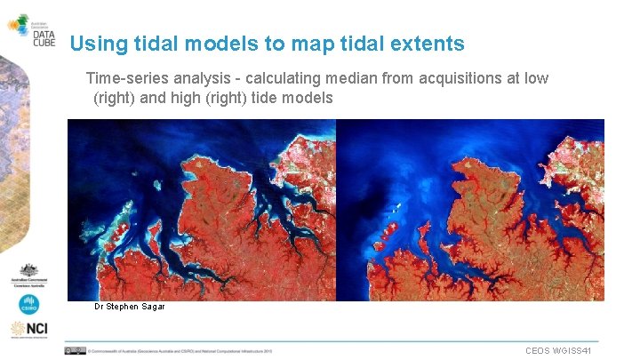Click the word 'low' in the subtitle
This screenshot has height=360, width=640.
pyautogui.click(x=536, y=78)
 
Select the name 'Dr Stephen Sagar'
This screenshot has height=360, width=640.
pyautogui.click(x=130, y=307)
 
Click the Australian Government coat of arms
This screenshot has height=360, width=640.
pyautogui.click(x=29, y=274)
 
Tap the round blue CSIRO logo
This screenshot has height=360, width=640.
pyautogui.click(x=29, y=304)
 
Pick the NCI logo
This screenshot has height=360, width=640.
pyautogui.click(x=29, y=330)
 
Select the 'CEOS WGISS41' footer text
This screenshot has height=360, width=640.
pyautogui.click(x=564, y=351)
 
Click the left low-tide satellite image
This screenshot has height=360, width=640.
pyautogui.click(x=202, y=210)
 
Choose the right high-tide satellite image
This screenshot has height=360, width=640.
pyautogui.click(x=470, y=210)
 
